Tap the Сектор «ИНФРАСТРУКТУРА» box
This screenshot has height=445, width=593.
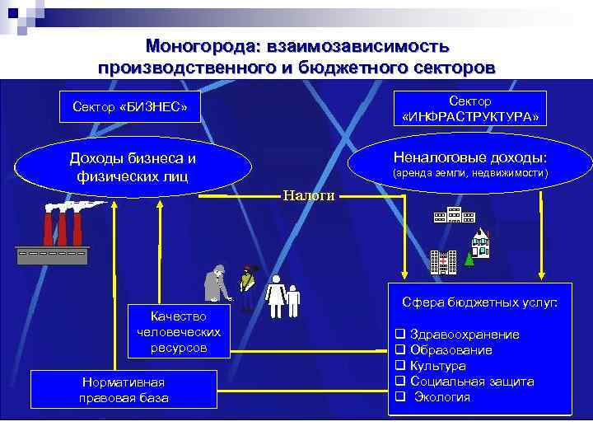click(x=470, y=109)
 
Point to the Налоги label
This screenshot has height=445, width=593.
click(x=308, y=195)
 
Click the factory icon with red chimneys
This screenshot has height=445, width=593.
click(x=51, y=234)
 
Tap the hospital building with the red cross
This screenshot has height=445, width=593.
click(x=444, y=261)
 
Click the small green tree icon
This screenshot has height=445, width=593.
click(x=469, y=259)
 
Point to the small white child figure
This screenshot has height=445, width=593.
click(x=293, y=299)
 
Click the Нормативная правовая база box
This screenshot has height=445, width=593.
click(x=123, y=390)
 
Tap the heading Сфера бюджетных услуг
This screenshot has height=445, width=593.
click(x=479, y=303)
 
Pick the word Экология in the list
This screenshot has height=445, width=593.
click(x=441, y=397)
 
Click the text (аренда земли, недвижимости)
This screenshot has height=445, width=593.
click(x=470, y=174)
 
